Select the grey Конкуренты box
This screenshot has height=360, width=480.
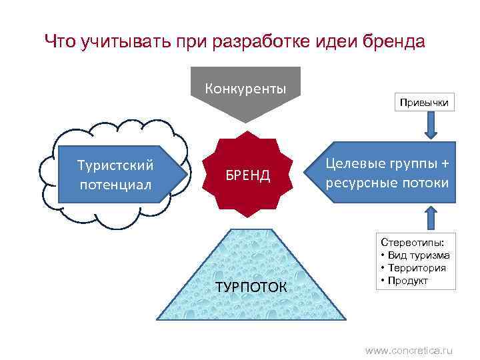[245, 89]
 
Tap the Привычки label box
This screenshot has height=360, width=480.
[424, 102]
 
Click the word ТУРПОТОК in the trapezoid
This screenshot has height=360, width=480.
[251, 287]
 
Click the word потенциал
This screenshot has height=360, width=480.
[116, 183]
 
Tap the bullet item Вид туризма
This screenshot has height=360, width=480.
[418, 255]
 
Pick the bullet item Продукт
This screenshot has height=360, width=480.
[407, 280]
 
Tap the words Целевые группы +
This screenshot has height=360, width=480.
[387, 164]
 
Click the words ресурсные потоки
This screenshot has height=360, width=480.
[387, 183]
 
